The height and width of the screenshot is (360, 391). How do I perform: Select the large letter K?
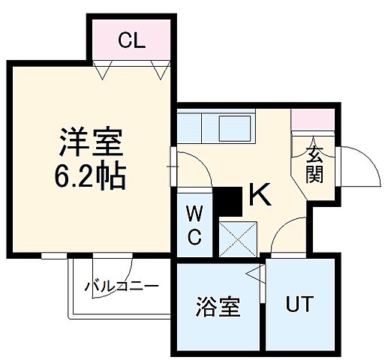point(259,196)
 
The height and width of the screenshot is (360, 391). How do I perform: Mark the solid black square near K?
point(228,200)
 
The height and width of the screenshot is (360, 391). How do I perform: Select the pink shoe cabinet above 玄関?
point(311,118)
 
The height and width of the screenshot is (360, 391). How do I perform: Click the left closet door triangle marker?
point(103,70)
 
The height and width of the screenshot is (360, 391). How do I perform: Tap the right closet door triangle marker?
point(158,70)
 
